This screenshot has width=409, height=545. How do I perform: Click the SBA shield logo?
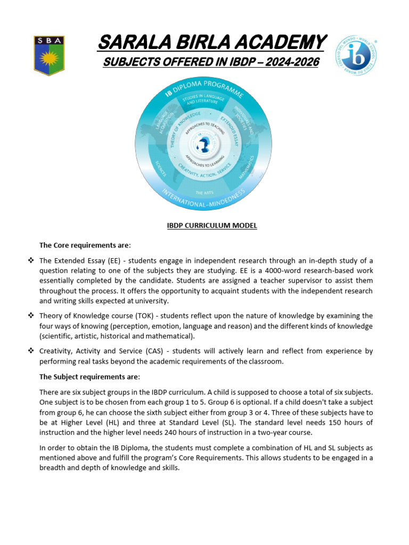pos(49,55)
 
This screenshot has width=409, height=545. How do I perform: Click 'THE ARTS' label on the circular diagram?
pos(204,193)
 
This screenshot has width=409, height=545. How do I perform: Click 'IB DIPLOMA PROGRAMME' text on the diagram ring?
pos(204,92)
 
